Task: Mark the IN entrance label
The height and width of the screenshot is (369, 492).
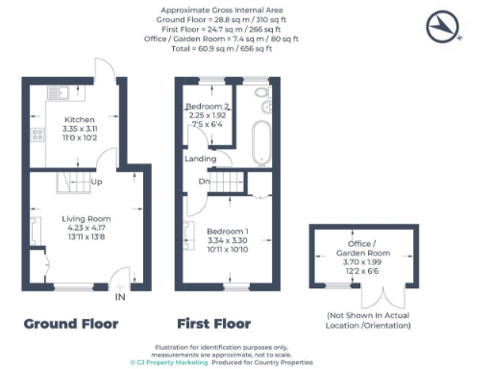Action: click(120, 298)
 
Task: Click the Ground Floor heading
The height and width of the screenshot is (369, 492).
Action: click(70, 324)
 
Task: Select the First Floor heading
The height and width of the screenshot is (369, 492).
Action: click(213, 324)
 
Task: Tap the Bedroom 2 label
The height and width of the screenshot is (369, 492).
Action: click(207, 106)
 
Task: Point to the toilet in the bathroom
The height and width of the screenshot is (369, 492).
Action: click(261, 95)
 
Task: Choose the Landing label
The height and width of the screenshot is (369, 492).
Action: click(201, 158)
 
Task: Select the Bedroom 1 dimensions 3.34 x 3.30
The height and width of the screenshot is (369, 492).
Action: click(227, 240)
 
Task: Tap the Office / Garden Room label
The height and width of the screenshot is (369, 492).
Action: click(362, 251)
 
